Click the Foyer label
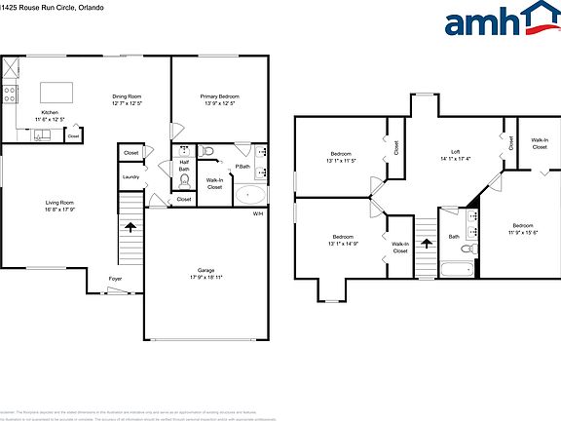(x=115, y=278)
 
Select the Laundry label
(x=130, y=176)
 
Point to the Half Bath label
(x=184, y=166)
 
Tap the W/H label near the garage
(x=257, y=212)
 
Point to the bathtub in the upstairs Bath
(x=456, y=268)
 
